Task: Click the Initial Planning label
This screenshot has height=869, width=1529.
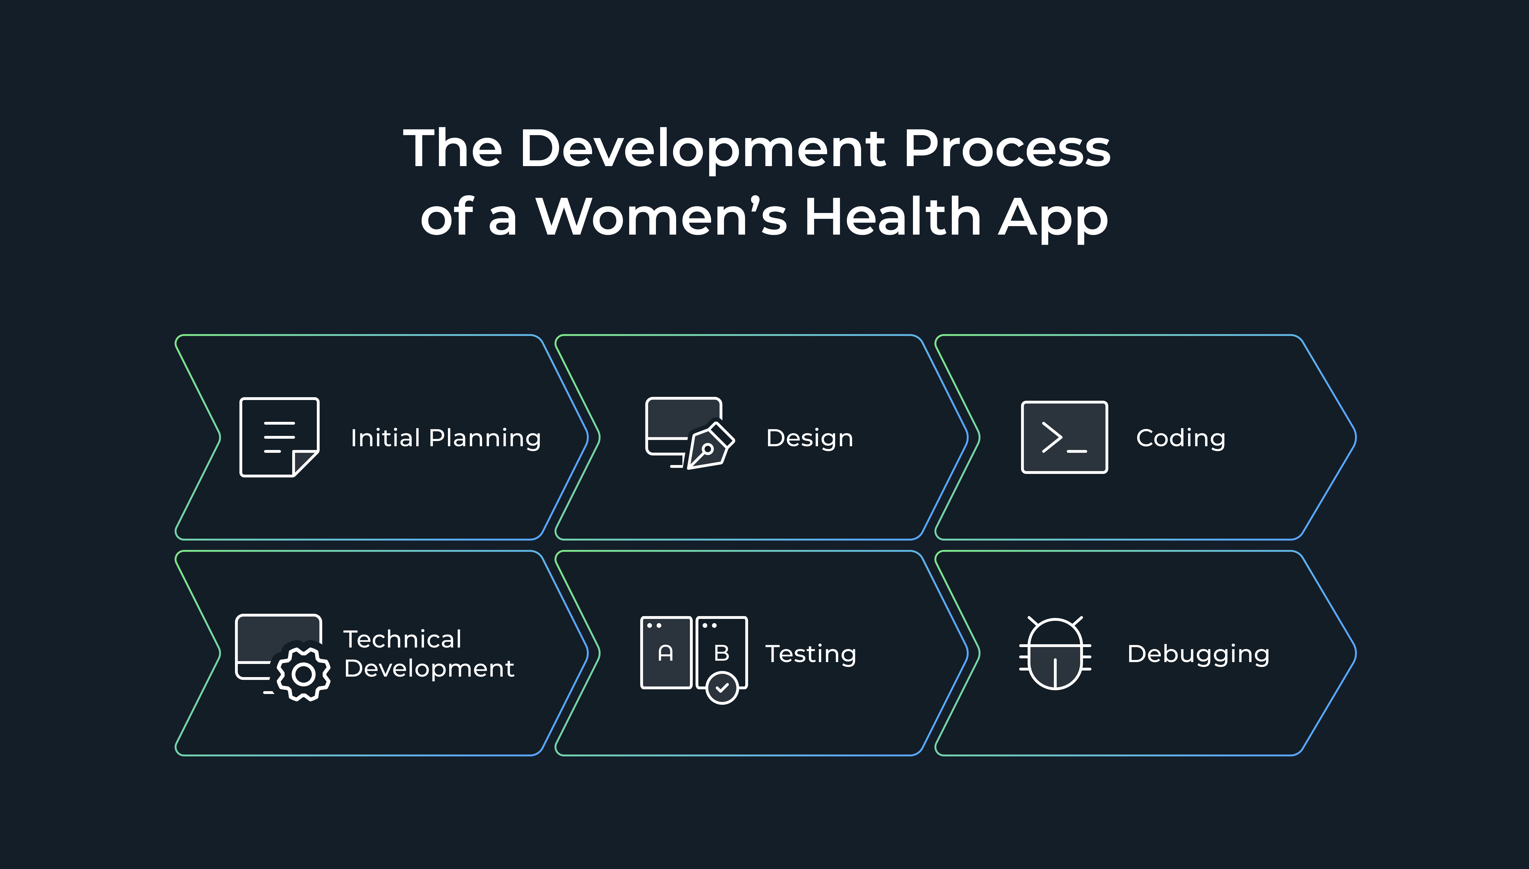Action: [x=446, y=438]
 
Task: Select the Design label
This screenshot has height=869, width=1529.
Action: [x=810, y=438]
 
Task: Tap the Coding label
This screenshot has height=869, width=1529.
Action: [x=1181, y=438]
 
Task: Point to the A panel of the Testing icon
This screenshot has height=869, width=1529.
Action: [x=666, y=652]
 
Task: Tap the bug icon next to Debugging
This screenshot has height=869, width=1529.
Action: [x=1055, y=654]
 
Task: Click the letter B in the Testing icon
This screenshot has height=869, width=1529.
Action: [x=721, y=653]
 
